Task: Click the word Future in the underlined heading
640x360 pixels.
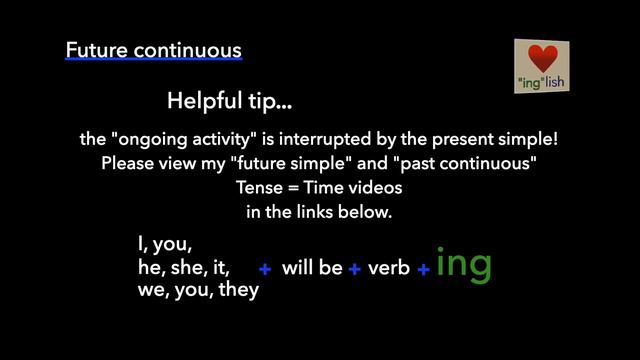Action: tap(94, 49)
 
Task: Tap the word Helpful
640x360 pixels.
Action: tap(201, 101)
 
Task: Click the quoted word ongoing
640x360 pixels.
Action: tap(143, 139)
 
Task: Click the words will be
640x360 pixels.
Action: tap(312, 268)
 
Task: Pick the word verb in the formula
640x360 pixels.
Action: tap(389, 268)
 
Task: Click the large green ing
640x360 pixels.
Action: tap(464, 263)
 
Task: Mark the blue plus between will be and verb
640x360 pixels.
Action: tap(354, 269)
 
